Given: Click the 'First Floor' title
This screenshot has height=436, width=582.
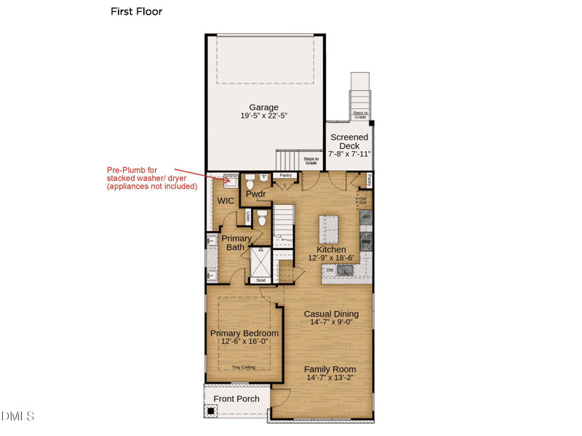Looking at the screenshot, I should (x=136, y=12).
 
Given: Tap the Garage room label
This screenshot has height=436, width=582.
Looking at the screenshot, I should (x=263, y=108).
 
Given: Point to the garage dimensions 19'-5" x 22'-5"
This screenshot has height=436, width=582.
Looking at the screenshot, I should (x=263, y=116).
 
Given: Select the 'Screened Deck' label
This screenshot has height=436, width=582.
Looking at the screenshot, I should (x=349, y=141).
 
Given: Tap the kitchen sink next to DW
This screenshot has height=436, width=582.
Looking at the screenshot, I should (x=345, y=270).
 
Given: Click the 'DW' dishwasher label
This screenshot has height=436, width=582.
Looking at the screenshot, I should (x=330, y=270).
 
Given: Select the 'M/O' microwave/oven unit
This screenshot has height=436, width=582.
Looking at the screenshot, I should (x=366, y=217).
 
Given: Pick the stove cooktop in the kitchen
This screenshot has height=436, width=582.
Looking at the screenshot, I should (x=366, y=241).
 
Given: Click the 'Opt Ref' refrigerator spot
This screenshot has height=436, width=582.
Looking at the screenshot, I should (x=362, y=201).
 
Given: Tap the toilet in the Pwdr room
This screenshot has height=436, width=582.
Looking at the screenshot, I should (x=250, y=179).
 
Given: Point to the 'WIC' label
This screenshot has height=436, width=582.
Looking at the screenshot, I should (x=226, y=201).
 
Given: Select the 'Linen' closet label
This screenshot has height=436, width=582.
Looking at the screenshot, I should (x=248, y=216).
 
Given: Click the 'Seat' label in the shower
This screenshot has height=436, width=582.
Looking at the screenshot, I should (x=260, y=280).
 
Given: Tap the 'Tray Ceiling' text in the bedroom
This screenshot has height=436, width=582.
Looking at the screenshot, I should (x=243, y=368).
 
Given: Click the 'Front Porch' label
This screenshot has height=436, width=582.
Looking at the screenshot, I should (x=236, y=399).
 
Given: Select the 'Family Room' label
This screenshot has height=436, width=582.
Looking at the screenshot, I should (x=330, y=369).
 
